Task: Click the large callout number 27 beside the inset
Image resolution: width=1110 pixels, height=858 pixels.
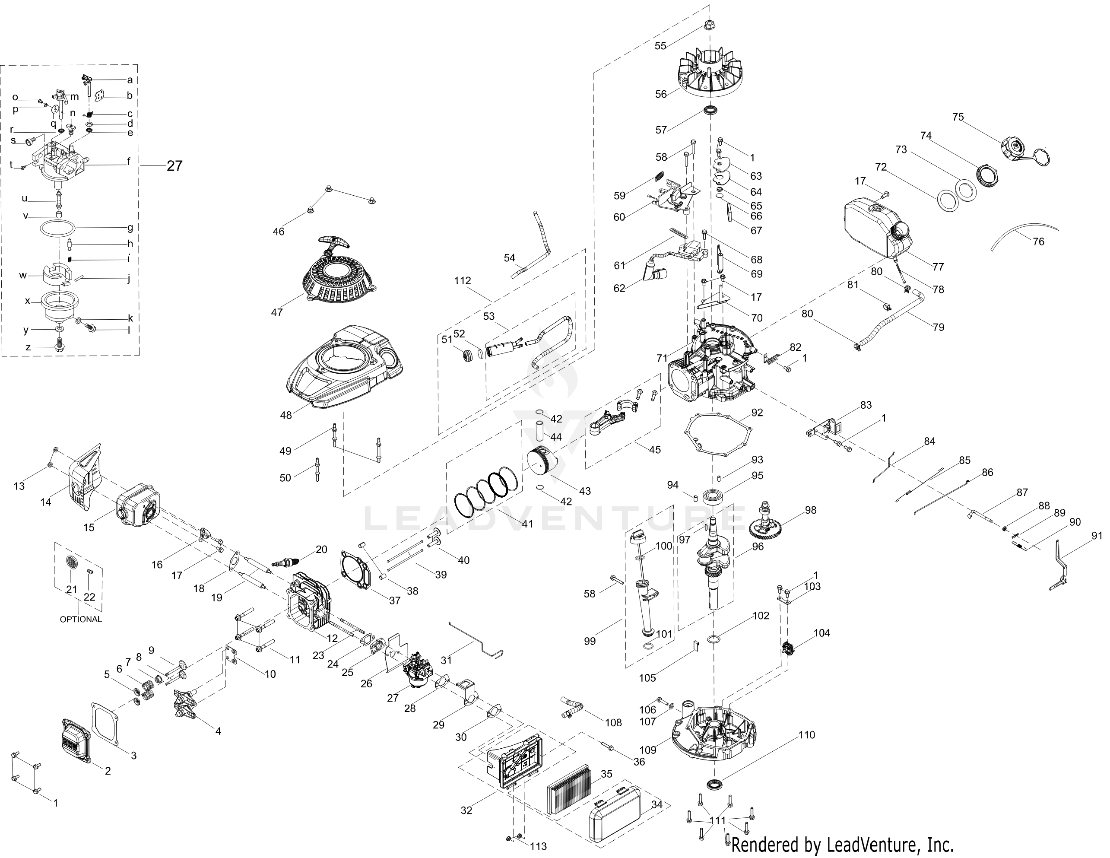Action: click(174, 166)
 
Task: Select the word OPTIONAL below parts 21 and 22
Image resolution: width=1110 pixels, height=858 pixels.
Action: click(81, 619)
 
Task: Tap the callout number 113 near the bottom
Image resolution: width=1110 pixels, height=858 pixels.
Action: click(538, 846)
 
